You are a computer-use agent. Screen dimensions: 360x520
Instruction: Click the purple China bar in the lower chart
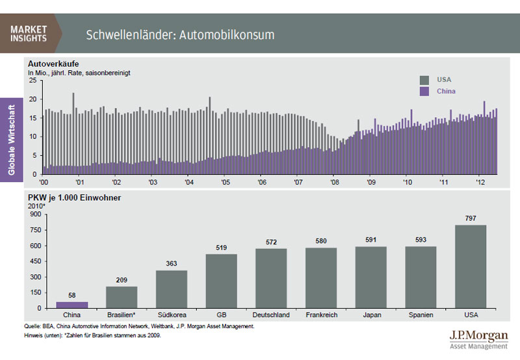pos(72,305)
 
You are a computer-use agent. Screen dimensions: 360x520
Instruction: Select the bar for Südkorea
pos(172,289)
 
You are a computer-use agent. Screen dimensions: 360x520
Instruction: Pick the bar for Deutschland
pos(272,278)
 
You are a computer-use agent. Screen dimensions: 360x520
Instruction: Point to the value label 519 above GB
pos(222,248)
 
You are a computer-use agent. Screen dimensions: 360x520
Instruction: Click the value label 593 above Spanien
pos(421,240)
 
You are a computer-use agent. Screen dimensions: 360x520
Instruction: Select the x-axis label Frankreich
pos(321,315)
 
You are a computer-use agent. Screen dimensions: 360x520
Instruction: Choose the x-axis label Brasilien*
pos(122,315)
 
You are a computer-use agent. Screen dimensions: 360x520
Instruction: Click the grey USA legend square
pos(424,80)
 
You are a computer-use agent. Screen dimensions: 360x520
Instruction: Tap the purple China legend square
pos(424,92)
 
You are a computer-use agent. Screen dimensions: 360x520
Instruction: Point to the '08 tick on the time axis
pos(333,182)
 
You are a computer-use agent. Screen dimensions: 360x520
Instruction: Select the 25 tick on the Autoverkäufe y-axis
pos(32,81)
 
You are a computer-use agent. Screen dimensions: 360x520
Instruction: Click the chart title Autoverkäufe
pos(53,64)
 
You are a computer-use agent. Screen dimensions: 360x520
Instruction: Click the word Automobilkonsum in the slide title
pos(229,34)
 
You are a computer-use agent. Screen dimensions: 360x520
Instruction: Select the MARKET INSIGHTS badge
pos(29,33)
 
